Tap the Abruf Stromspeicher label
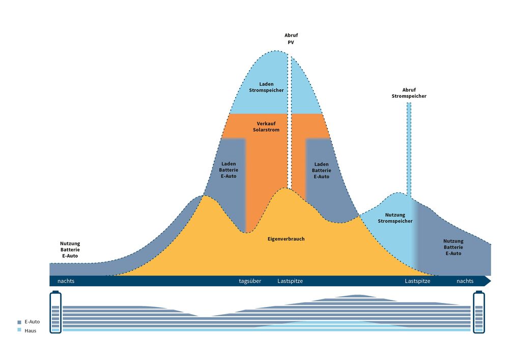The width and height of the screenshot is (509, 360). (409, 93)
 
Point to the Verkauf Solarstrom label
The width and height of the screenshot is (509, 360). (266, 126)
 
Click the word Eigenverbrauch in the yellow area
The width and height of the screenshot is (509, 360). (286, 238)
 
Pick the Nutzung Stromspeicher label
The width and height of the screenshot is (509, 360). (395, 218)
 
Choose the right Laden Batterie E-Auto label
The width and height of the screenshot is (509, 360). (321, 170)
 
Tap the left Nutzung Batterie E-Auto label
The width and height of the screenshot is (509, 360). (70, 250)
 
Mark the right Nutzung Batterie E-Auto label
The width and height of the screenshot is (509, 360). (453, 247)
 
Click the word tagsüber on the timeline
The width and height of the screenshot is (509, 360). (250, 281)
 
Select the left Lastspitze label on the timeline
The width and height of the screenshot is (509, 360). (290, 281)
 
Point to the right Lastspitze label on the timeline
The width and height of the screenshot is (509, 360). (417, 281)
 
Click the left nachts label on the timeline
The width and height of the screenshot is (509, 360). (66, 281)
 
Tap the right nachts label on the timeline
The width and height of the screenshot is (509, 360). (465, 281)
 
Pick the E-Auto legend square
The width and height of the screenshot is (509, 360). (19, 322)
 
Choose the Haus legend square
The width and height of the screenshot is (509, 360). (19, 330)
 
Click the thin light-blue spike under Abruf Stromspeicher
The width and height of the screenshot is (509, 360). (409, 148)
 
